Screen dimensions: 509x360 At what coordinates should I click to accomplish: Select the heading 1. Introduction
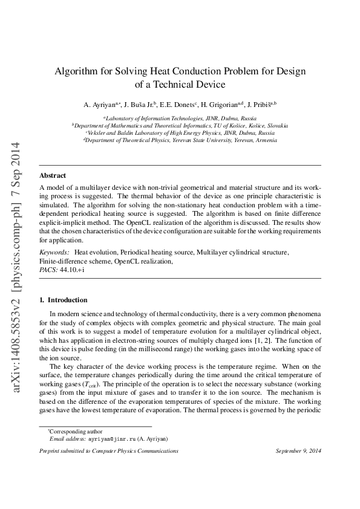[63, 300]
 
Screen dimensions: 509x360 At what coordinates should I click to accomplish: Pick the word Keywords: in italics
[53, 251]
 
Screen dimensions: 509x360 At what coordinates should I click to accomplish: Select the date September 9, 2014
[298, 451]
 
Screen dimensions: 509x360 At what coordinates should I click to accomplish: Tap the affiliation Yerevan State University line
[180, 140]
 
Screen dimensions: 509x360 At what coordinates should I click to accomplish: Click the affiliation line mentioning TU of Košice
[180, 125]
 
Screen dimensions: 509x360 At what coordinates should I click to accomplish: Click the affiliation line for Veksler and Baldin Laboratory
[180, 132]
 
